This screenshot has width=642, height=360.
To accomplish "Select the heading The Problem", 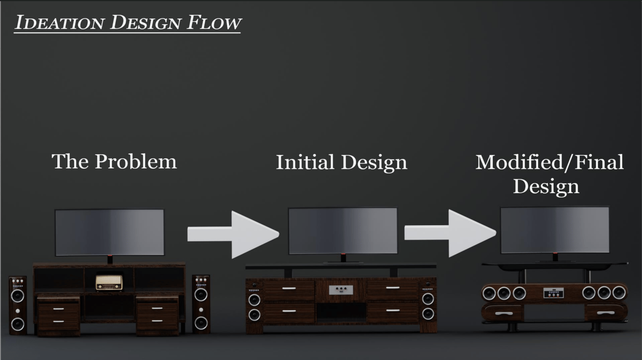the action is [114, 161].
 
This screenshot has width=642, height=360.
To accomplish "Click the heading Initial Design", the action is [342, 162].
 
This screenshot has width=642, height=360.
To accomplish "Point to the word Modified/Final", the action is [549, 162].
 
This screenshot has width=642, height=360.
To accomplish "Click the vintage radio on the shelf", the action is [109, 282].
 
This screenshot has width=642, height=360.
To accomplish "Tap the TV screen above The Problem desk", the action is [110, 232].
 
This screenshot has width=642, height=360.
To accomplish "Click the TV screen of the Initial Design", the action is [343, 231].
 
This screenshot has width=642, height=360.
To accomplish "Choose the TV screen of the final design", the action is [555, 230].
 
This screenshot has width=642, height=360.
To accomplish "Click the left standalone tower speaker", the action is [18, 305].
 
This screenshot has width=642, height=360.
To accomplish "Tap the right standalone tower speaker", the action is [201, 304].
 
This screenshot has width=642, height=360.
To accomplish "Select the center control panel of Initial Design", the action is [341, 290].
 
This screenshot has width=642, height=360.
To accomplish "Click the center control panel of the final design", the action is [553, 293].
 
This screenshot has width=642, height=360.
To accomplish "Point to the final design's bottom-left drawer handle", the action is [502, 314].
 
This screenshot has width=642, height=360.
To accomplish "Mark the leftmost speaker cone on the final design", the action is [489, 293].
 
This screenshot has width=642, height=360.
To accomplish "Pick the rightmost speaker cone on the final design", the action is [619, 293].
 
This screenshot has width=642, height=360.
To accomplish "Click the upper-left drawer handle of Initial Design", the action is [289, 289].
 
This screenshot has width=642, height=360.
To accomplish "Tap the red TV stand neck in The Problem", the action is [110, 259].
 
